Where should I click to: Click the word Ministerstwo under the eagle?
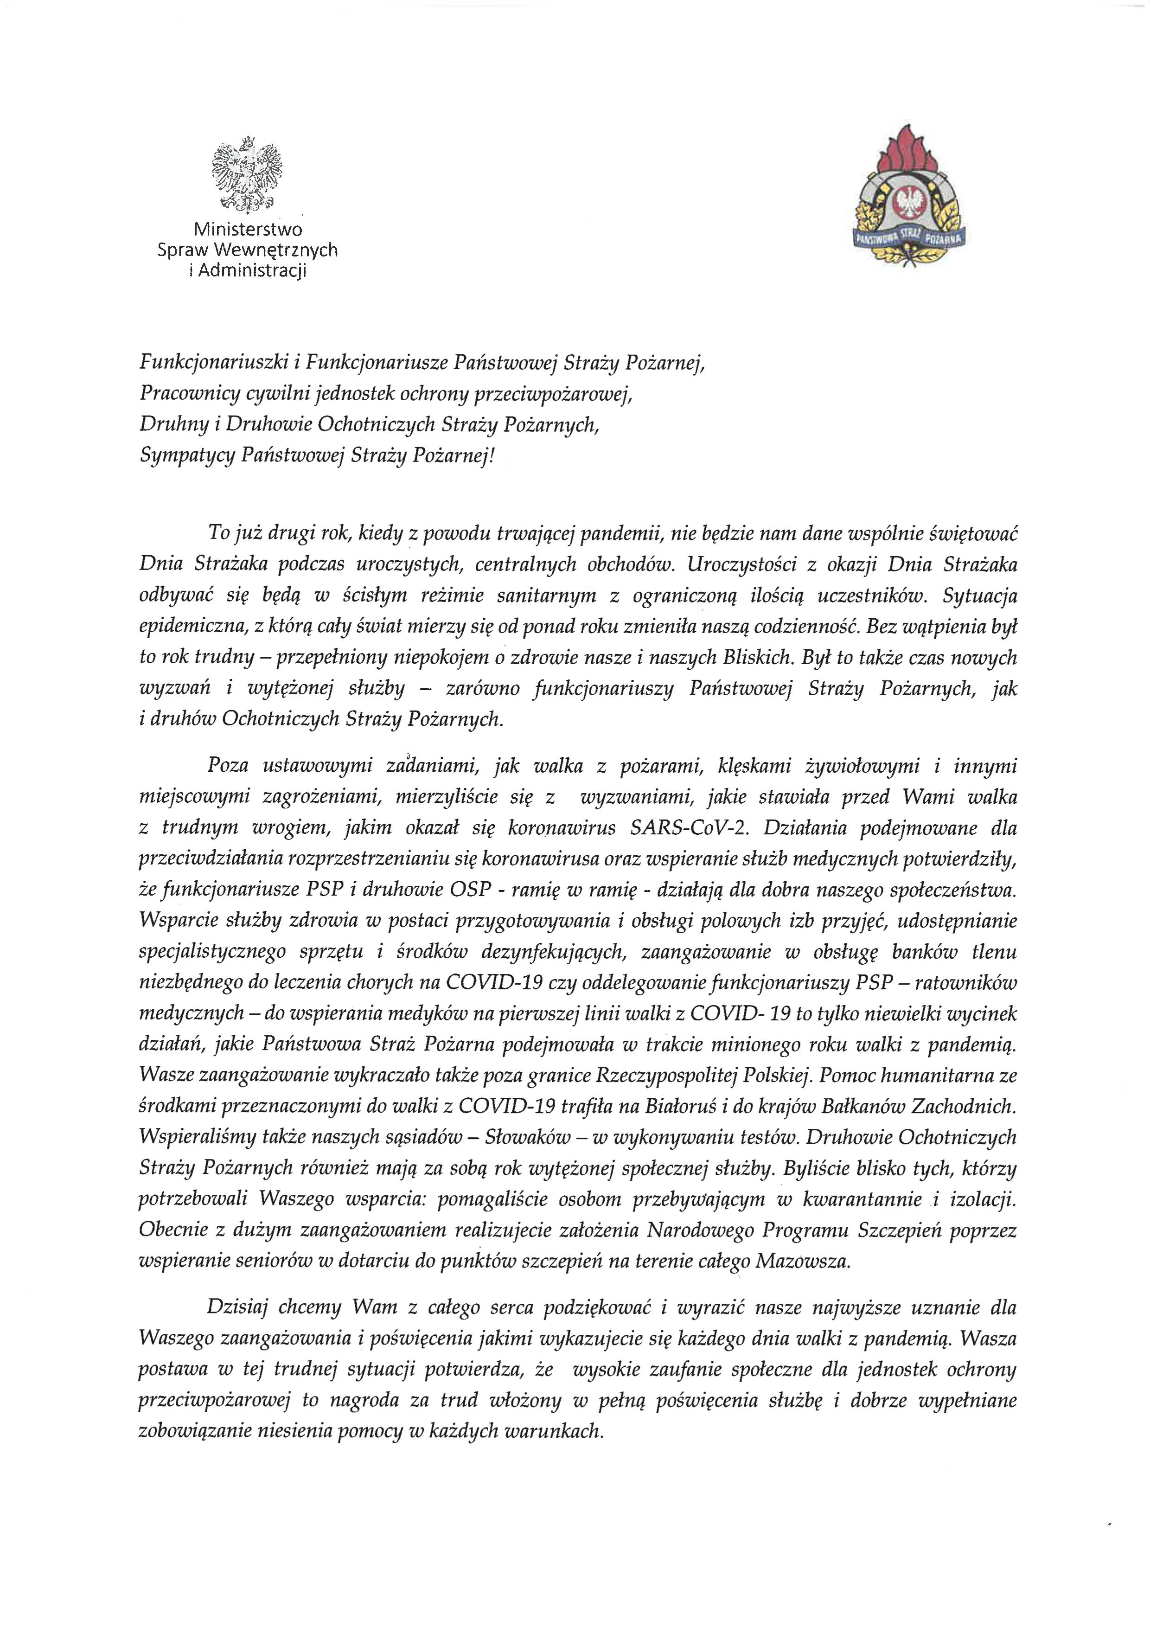[248, 230]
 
